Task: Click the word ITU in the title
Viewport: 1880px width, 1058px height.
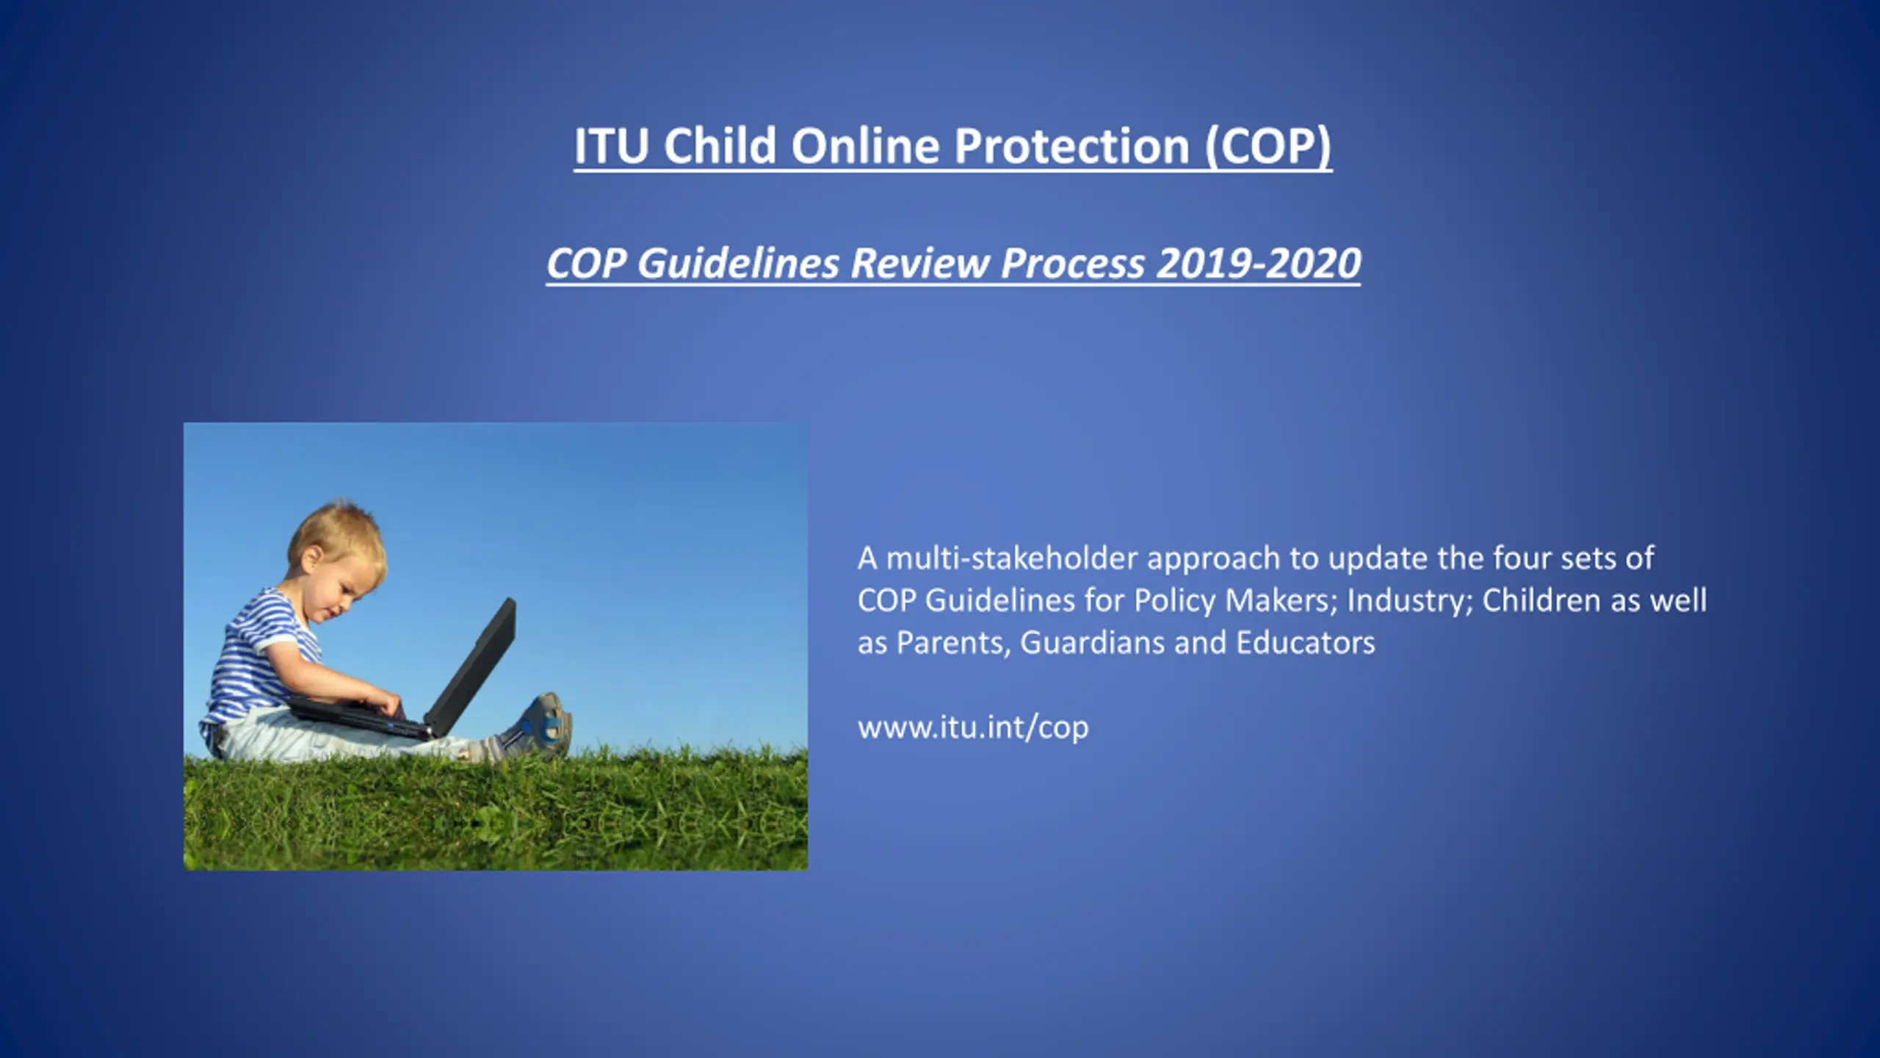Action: [611, 145]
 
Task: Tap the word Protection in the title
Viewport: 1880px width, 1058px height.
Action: [1071, 145]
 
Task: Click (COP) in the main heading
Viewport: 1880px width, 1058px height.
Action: [1268, 145]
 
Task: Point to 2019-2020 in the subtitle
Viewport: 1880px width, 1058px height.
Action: [1259, 263]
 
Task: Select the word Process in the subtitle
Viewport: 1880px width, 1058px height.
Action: [1073, 263]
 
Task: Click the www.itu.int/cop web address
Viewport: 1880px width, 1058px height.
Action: [973, 727]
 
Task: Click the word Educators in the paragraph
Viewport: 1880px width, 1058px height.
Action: [1306, 643]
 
